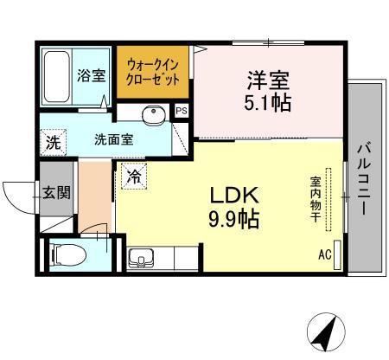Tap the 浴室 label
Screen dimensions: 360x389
point(92,75)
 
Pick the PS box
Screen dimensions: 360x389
point(182,111)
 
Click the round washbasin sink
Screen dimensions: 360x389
point(154,114)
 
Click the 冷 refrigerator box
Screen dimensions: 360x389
point(134,176)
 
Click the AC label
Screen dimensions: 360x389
point(324,254)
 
